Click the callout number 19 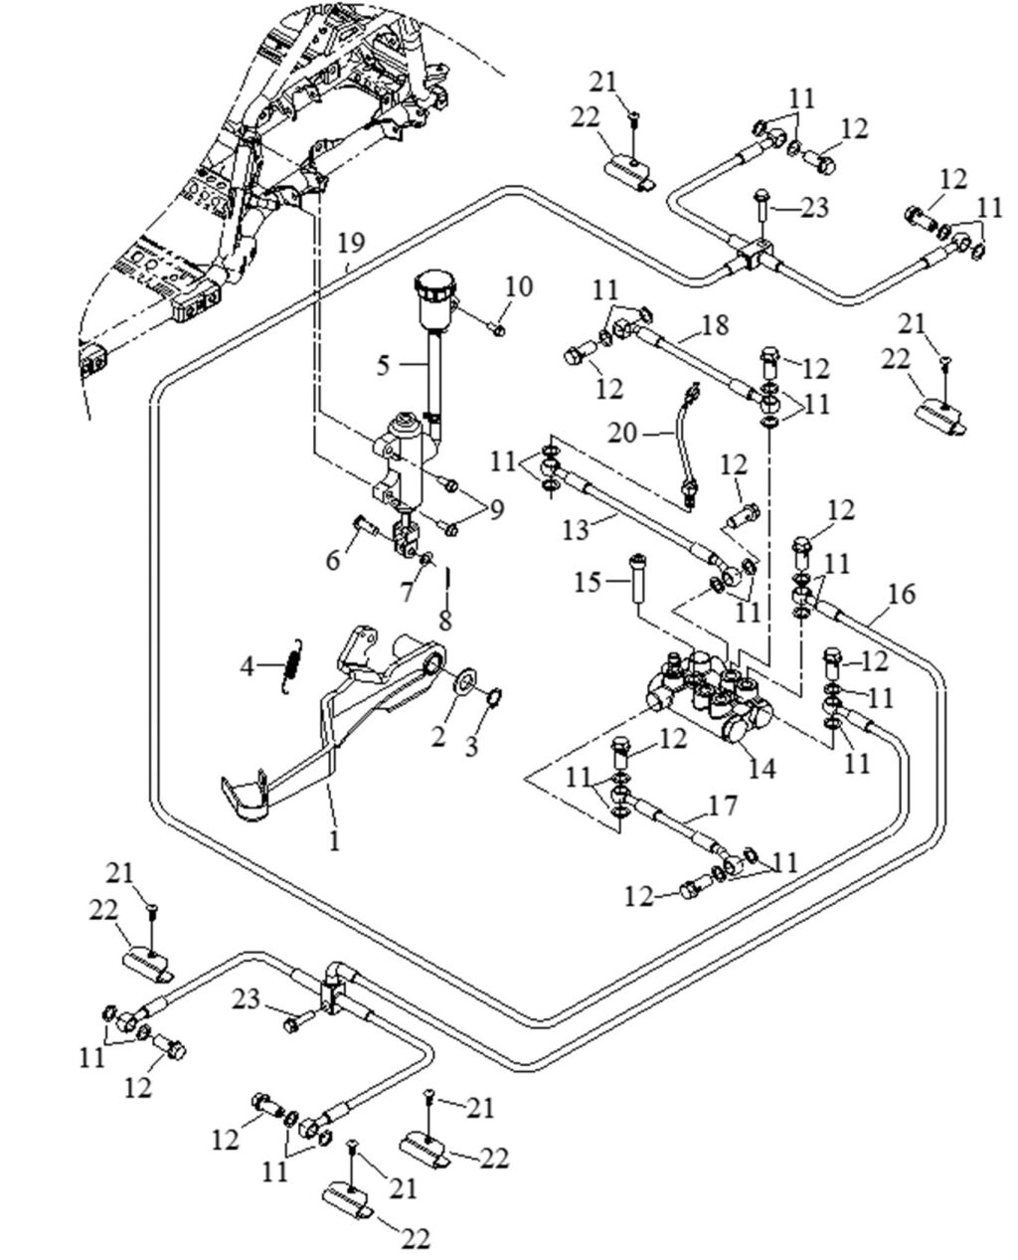[x=351, y=243]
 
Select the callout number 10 [x=518, y=287]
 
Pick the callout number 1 [x=334, y=841]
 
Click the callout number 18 [x=714, y=324]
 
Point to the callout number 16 [x=901, y=595]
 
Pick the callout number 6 [x=333, y=560]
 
